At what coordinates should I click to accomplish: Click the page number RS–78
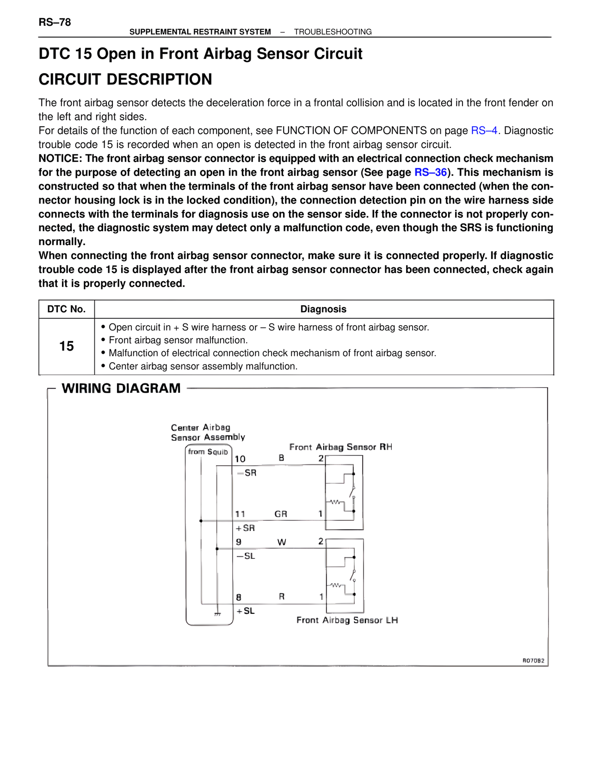tap(55, 22)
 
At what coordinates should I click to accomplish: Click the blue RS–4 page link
tap(484, 130)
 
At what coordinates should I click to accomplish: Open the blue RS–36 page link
tap(430, 173)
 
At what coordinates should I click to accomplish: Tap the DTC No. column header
tap(67, 309)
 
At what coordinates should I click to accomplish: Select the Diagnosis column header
tap(323, 309)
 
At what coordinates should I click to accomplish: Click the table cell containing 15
tap(67, 346)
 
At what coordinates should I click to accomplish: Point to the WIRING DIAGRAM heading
tap(121, 388)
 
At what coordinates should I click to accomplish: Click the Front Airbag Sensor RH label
tap(340, 447)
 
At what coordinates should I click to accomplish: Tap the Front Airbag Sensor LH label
tap(347, 620)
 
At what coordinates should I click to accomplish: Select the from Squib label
tap(208, 452)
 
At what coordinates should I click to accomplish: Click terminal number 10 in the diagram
tap(240, 459)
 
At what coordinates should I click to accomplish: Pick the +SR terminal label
tap(245, 528)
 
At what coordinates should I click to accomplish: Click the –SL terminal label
tap(246, 556)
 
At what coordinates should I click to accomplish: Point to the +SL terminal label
tap(245, 611)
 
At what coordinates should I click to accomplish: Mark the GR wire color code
tap(281, 514)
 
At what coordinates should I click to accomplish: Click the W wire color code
tap(282, 542)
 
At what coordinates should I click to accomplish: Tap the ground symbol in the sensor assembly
tap(217, 614)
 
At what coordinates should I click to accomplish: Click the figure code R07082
tap(533, 661)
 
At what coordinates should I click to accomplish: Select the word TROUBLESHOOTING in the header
tap(333, 32)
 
